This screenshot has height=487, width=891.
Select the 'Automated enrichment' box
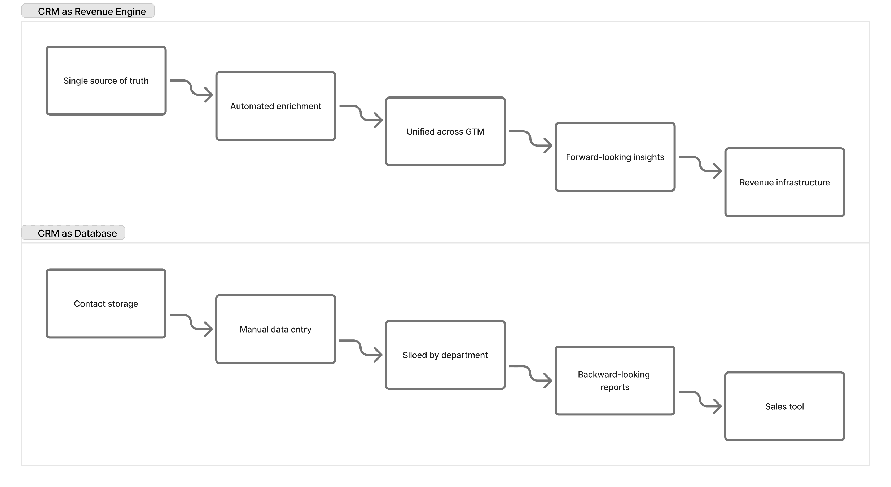(x=276, y=106)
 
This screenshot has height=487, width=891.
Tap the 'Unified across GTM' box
(x=445, y=132)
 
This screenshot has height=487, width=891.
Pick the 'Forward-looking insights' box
(x=615, y=157)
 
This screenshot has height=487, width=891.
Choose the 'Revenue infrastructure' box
(x=784, y=183)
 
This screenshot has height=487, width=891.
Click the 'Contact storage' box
(x=106, y=303)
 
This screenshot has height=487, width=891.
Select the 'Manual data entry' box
(x=276, y=329)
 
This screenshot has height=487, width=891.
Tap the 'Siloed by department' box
(x=445, y=355)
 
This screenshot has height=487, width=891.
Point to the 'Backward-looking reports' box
(x=615, y=380)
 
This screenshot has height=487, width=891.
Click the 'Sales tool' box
(x=784, y=406)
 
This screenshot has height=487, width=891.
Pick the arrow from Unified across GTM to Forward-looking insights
(x=530, y=139)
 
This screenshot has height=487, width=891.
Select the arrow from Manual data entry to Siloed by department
(x=361, y=348)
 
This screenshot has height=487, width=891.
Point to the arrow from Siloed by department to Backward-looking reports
(x=530, y=373)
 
